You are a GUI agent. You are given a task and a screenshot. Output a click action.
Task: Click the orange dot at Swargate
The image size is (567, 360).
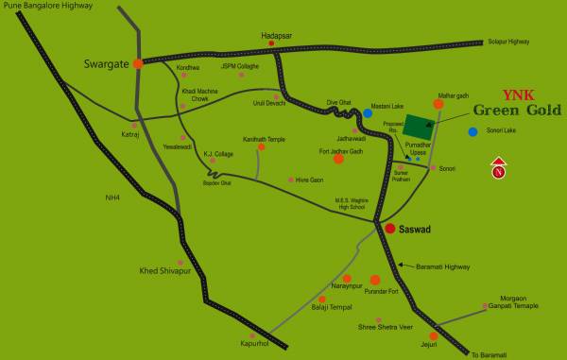[138, 63]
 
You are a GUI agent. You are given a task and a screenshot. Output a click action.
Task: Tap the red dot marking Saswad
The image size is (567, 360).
[389, 228]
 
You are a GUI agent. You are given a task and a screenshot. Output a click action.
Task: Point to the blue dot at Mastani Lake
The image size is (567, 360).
[368, 113]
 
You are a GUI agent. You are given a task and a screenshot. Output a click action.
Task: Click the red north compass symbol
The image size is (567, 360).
[498, 172]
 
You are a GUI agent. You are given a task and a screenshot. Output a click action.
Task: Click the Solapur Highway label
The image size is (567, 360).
[507, 42]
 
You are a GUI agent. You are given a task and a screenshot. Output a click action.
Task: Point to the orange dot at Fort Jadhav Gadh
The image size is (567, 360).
[338, 159]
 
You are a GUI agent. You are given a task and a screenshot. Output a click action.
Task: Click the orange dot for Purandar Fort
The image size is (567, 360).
[375, 280]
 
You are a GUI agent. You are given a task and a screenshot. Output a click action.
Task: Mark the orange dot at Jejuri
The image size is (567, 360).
[433, 335]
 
